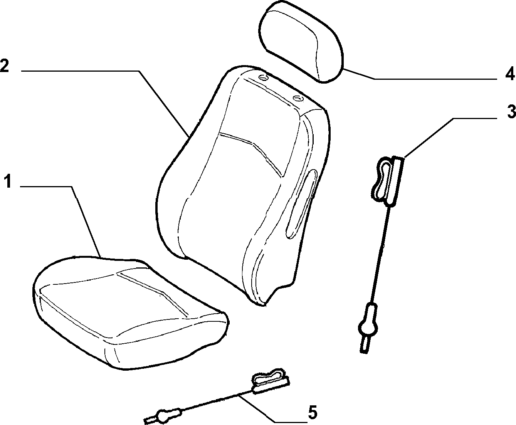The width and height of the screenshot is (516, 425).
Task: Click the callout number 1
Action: (8, 181)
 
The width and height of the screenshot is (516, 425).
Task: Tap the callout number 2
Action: (5, 65)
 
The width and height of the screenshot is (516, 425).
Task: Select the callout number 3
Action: (510, 111)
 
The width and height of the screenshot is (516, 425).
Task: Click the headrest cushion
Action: (301, 41)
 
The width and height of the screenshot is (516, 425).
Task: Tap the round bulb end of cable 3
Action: (368, 328)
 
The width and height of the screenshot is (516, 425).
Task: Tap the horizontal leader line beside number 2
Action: (80, 71)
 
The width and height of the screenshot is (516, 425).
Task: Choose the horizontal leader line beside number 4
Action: (435, 79)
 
